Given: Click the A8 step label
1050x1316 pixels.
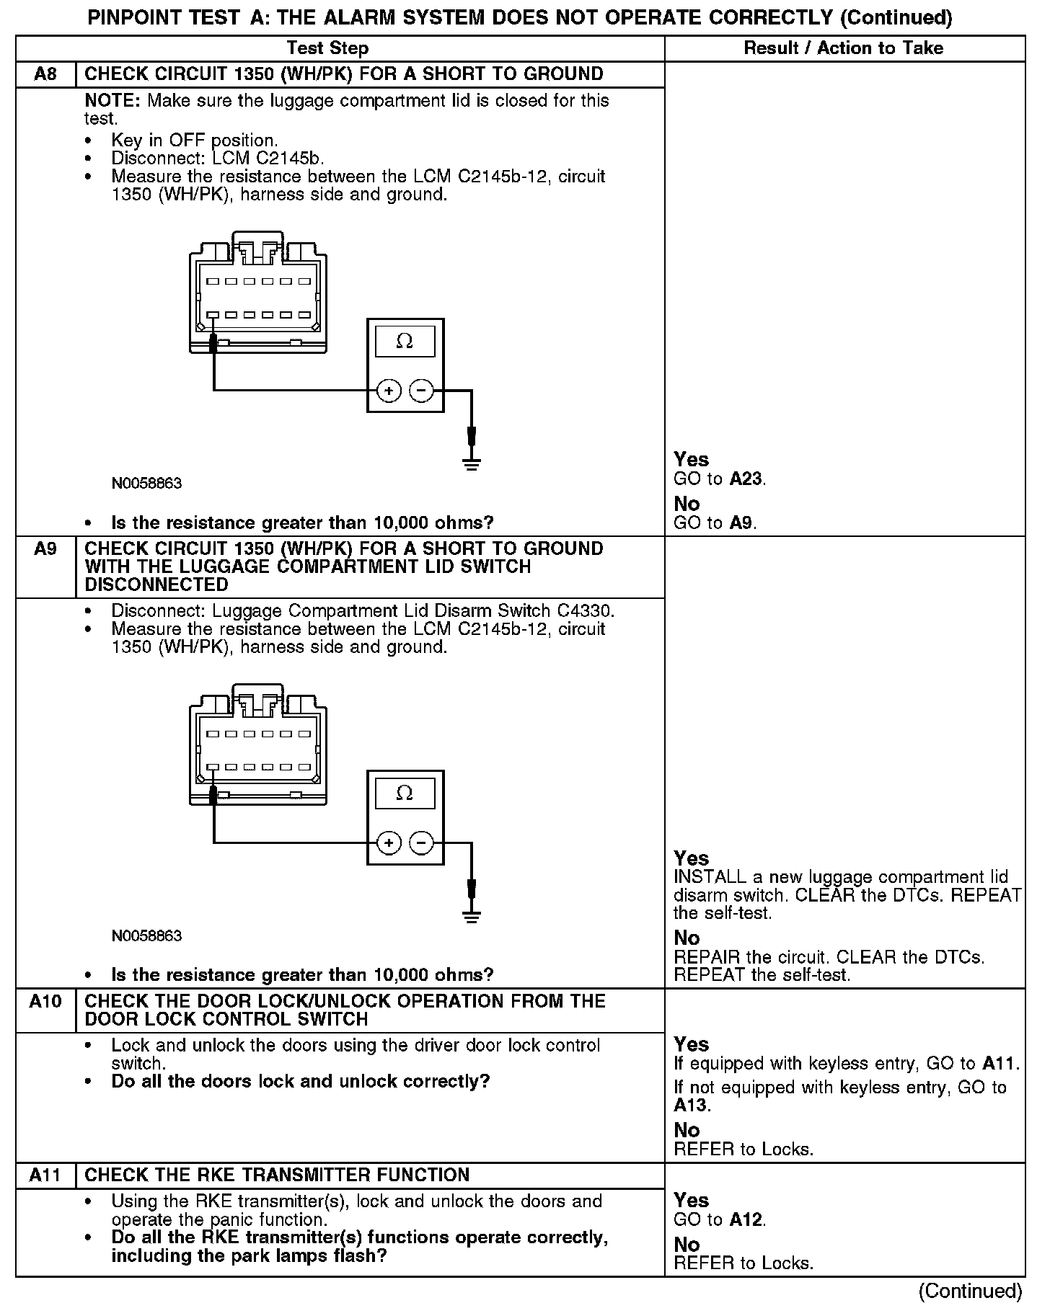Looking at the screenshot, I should (45, 74).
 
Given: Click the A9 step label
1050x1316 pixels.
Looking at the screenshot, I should (45, 549).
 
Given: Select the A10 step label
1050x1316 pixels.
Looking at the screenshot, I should (45, 1001).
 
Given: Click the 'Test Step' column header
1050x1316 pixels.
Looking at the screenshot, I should (327, 48).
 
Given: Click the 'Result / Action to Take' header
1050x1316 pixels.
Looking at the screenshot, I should (843, 48).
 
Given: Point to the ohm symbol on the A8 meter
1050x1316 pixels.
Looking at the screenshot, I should (405, 342).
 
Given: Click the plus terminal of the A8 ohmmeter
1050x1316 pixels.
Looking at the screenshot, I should (389, 391).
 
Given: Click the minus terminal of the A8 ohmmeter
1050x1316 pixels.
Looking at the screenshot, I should (421, 391).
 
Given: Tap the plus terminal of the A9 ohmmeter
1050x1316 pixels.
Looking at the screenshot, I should (389, 843).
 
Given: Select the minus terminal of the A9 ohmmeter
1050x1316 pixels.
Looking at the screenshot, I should (421, 843).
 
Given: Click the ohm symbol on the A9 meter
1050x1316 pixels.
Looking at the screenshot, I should (405, 793).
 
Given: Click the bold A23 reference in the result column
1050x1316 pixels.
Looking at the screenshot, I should (746, 479).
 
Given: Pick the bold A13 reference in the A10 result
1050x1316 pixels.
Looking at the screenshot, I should (690, 1106).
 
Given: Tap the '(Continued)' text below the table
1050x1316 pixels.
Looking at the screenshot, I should (970, 1291).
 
